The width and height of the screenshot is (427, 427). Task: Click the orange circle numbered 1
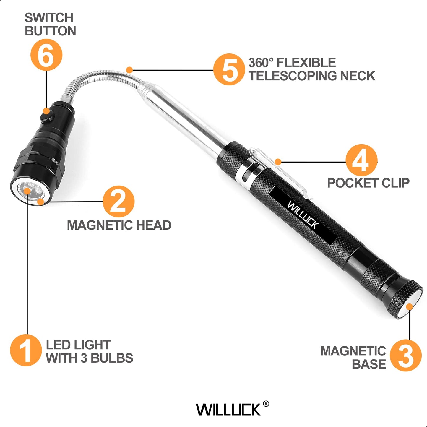pyautogui.click(x=26, y=350)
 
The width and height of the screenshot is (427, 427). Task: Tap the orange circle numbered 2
pyautogui.click(x=118, y=202)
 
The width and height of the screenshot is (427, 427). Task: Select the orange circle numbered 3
pyautogui.click(x=405, y=355)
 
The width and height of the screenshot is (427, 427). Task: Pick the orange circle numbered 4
pyautogui.click(x=361, y=160)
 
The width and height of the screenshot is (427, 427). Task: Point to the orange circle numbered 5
pyautogui.click(x=229, y=69)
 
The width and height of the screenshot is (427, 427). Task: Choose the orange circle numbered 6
pyautogui.click(x=46, y=55)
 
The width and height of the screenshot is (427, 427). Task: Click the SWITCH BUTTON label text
pyautogui.click(x=50, y=25)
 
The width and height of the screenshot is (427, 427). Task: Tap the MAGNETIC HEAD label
pyautogui.click(x=119, y=225)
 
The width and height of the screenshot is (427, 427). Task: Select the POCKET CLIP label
pyautogui.click(x=368, y=183)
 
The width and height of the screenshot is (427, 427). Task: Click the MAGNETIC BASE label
pyautogui.click(x=353, y=358)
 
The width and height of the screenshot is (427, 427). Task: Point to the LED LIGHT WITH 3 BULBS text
pyautogui.click(x=89, y=351)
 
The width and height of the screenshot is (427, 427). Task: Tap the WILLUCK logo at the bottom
pyautogui.click(x=228, y=410)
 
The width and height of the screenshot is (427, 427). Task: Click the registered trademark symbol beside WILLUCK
pyautogui.click(x=266, y=404)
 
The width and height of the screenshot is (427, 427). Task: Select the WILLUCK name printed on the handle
pyautogui.click(x=303, y=215)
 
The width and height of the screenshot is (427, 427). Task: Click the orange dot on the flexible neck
pyautogui.click(x=129, y=70)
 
